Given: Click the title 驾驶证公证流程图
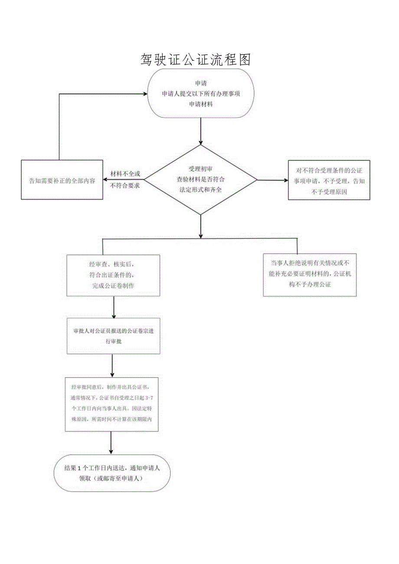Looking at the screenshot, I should (x=196, y=59).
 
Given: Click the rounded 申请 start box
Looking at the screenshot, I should (x=200, y=93).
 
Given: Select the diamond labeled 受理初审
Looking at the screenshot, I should (x=200, y=179).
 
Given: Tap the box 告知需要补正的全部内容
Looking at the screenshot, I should (x=62, y=180).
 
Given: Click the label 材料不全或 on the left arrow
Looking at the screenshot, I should (x=125, y=173).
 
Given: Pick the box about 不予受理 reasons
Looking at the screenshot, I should (x=329, y=180).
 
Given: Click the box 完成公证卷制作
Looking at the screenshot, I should (x=113, y=275).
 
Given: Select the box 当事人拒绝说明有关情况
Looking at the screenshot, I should (x=310, y=275).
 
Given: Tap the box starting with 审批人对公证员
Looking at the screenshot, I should (x=113, y=336).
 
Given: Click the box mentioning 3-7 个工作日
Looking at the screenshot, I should (x=112, y=404).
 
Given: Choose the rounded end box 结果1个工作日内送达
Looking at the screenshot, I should (x=112, y=473).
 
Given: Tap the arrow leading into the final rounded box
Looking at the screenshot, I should (x=111, y=443).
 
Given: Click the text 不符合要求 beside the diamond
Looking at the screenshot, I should (x=125, y=186).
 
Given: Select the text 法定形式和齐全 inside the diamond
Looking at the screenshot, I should (x=200, y=189).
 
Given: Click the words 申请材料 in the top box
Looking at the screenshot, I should (x=200, y=104).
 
